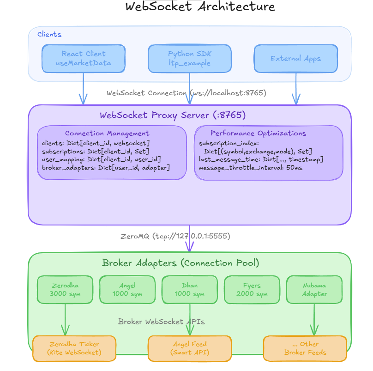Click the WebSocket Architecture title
[200, 7]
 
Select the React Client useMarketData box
[83, 59]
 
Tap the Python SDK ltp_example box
[189, 59]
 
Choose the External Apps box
[295, 59]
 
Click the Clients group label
[49, 34]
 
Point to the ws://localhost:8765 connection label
[186, 93]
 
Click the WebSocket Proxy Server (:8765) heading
[173, 115]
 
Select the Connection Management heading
[107, 134]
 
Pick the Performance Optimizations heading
[258, 134]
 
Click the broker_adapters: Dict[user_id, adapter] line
[106, 167]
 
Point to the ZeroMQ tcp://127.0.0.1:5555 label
[175, 236]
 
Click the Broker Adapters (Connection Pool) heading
[180, 263]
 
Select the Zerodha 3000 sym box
[65, 290]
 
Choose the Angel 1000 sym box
[127, 290]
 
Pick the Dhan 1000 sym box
[189, 290]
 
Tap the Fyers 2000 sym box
[252, 290]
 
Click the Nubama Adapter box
[314, 290]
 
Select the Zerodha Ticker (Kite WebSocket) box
[74, 348]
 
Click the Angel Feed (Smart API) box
[189, 348]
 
